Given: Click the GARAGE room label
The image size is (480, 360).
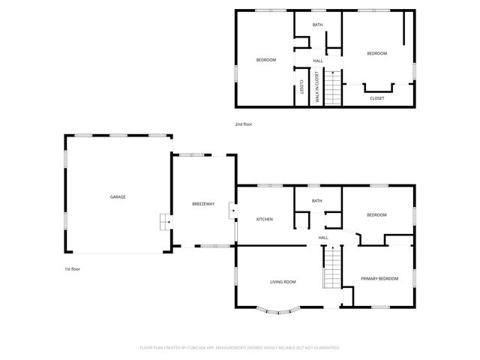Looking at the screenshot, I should pyautogui.click(x=118, y=196).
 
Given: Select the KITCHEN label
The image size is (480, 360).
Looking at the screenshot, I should pyautogui.click(x=265, y=219).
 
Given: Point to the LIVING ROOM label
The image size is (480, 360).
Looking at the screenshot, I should pyautogui.click(x=283, y=282).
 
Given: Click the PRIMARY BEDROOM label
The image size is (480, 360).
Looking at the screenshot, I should pyautogui.click(x=379, y=279).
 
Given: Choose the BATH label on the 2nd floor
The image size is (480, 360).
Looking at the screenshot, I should pyautogui.click(x=318, y=25).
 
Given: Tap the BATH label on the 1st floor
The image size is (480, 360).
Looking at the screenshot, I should pyautogui.click(x=317, y=201).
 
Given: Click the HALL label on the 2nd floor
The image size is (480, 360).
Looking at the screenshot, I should pyautogui.click(x=318, y=61).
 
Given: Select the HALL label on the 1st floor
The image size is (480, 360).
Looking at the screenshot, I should pyautogui.click(x=323, y=238).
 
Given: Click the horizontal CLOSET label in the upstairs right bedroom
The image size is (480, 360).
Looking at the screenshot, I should pyautogui.click(x=377, y=98).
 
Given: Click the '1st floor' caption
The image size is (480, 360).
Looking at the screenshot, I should pyautogui.click(x=72, y=268).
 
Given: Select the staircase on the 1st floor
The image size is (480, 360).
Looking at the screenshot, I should pyautogui.click(x=332, y=268).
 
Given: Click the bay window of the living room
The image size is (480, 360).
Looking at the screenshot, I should pyautogui.click(x=279, y=309).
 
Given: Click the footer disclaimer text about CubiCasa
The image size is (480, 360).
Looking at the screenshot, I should pyautogui.click(x=240, y=347).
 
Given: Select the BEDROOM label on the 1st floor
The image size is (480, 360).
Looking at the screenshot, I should pyautogui.click(x=376, y=215).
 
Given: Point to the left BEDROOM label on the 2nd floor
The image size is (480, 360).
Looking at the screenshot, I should pyautogui.click(x=266, y=60).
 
